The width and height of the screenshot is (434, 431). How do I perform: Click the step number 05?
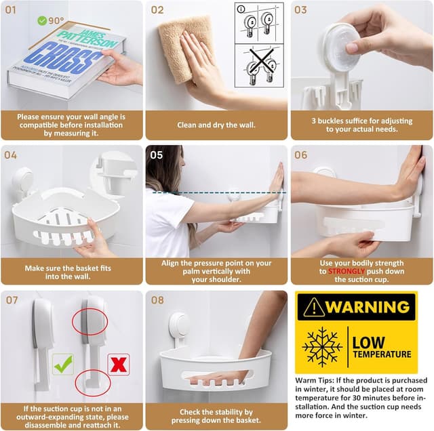click(157, 155)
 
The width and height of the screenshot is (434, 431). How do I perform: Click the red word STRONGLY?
click(347, 271)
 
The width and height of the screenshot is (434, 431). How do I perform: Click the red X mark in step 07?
click(119, 364)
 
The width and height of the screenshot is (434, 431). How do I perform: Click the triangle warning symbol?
click(313, 307)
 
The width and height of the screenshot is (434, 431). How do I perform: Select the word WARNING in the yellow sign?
click(368, 307)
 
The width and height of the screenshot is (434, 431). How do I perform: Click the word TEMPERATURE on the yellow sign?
click(381, 354)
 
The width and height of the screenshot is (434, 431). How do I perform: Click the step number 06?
click(300, 155)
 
